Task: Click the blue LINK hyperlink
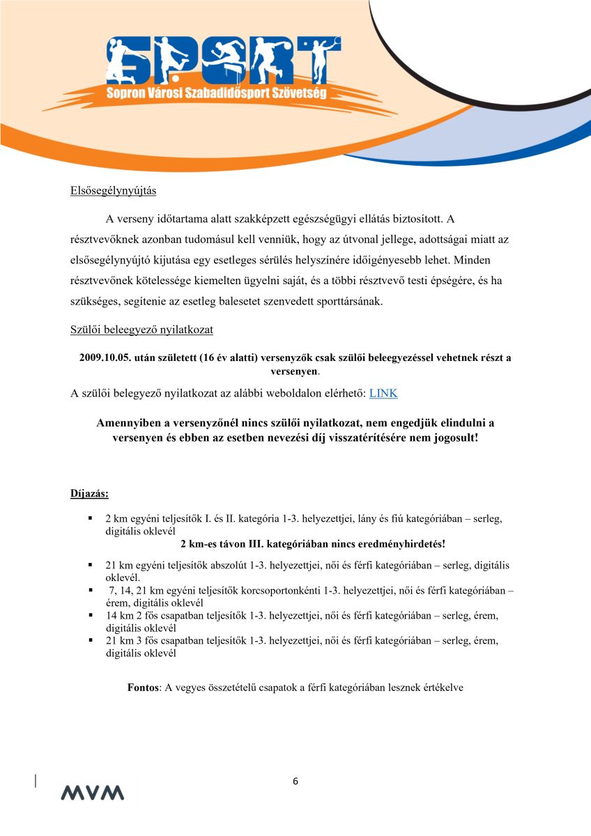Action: coord(383,393)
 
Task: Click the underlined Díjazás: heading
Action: coord(89,494)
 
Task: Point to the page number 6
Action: coord(295,781)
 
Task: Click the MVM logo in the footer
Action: coord(92,792)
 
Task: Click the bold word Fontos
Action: coord(144,687)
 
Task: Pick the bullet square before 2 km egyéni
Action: coord(91,519)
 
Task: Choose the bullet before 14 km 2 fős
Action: coord(91,616)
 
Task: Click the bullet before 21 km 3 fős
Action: coord(91,640)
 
